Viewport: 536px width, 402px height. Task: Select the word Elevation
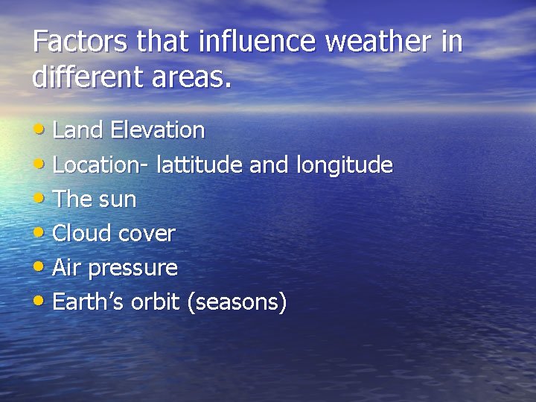point(157,130)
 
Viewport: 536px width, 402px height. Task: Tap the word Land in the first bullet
point(78,130)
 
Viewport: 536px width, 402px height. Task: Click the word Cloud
point(81,234)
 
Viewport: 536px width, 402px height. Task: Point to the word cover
point(147,234)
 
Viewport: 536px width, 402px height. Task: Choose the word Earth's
point(89,302)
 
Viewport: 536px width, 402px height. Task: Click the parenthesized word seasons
point(237,303)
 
